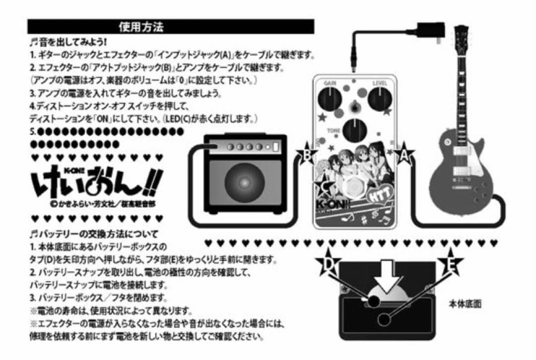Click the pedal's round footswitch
point(353,189)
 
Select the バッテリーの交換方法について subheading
point(94,233)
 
